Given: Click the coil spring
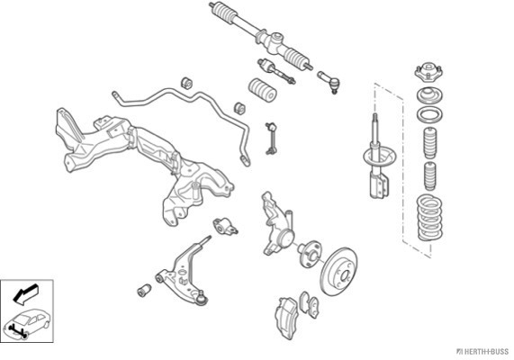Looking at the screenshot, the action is pyautogui.click(x=429, y=218).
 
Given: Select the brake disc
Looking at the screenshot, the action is pyautogui.click(x=339, y=271).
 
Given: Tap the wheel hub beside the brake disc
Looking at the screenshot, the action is pyautogui.click(x=310, y=254).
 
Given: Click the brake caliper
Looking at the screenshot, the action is pyautogui.click(x=287, y=318).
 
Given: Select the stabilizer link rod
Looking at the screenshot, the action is pyautogui.click(x=272, y=139).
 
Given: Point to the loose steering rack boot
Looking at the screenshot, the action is pyautogui.click(x=263, y=90).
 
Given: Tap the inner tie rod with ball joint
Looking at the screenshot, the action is pyautogui.click(x=276, y=71).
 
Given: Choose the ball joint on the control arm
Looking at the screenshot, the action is pyautogui.click(x=202, y=298).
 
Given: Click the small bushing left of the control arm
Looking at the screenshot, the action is pyautogui.click(x=144, y=291).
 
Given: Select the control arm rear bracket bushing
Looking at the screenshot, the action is pyautogui.click(x=225, y=227).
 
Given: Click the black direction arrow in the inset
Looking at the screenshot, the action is pyautogui.click(x=25, y=292).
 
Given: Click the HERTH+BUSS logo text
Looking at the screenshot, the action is pyautogui.click(x=482, y=352).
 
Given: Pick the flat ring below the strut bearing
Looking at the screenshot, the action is pyautogui.click(x=429, y=115).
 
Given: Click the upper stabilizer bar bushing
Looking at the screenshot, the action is pyautogui.click(x=187, y=83).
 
